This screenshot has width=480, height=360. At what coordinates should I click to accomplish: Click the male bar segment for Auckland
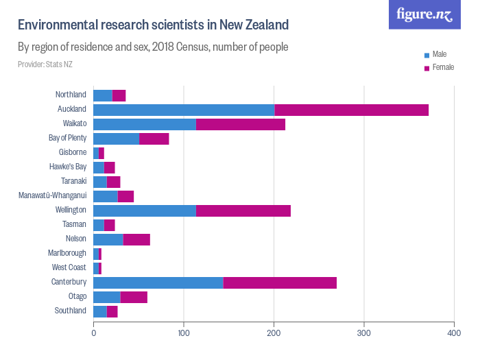184,110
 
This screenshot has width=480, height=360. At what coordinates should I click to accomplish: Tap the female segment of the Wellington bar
243,211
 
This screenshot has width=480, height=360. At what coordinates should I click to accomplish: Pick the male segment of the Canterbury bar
158,283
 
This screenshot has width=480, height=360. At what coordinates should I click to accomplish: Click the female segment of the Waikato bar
241,124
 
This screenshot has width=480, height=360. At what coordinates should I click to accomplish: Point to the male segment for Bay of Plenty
116,139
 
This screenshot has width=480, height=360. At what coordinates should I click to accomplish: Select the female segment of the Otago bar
134,297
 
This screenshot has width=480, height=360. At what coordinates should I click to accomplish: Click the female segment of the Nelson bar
136,239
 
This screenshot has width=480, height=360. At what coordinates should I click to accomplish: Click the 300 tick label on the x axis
364,333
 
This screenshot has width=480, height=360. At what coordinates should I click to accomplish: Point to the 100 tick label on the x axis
184,333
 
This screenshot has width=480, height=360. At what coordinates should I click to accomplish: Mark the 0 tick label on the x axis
94,333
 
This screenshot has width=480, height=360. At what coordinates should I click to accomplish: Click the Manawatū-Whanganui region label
53,196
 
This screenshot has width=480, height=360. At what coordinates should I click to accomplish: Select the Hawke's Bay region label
68,167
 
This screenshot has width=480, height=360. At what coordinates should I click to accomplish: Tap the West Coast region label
69,268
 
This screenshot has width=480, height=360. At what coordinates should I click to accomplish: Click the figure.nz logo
424,14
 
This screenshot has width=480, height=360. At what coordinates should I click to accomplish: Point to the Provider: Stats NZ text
45,64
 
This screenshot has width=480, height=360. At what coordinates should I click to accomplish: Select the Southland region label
71,311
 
